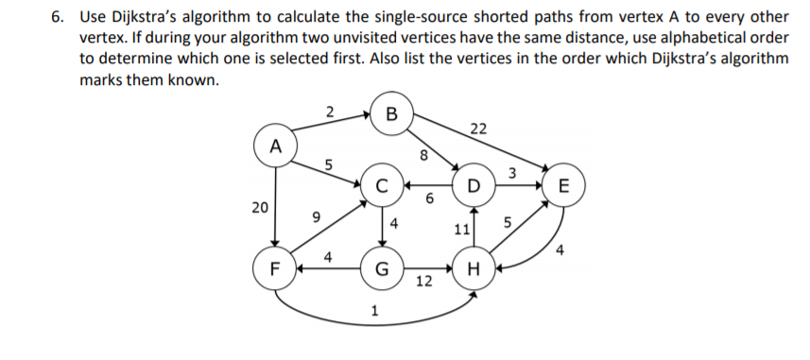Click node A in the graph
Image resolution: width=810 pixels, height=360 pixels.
275,146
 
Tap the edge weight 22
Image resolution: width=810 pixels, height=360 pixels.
478,129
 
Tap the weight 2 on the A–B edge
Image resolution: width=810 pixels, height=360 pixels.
327,112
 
